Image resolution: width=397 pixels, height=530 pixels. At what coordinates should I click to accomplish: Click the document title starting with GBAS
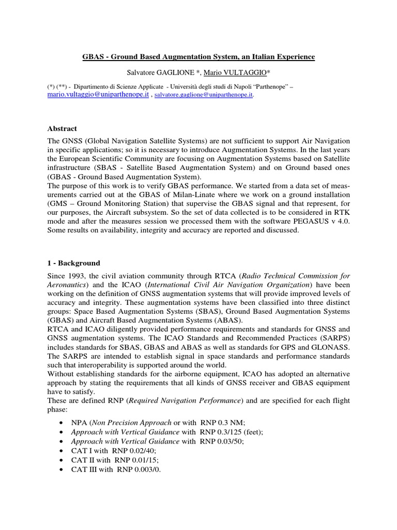198,56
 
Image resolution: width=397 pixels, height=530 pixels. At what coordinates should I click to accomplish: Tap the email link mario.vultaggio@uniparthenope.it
98,95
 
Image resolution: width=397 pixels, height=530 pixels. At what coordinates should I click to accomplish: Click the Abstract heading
62,129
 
